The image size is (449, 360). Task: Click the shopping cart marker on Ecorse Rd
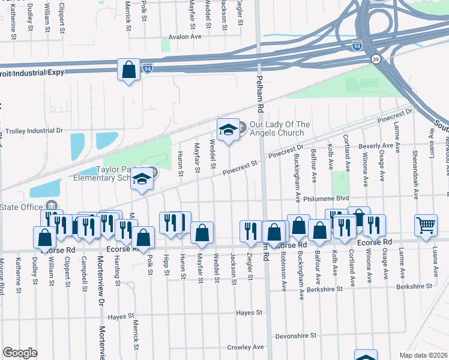426,226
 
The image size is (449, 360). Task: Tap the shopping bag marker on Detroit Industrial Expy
128,70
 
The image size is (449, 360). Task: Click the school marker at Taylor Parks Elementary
142,180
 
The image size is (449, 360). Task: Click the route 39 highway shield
376,58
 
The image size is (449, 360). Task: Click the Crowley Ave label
246,347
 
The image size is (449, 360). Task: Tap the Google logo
20,352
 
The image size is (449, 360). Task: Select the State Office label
22,208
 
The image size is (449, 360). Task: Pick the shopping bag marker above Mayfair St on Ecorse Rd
202,232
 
